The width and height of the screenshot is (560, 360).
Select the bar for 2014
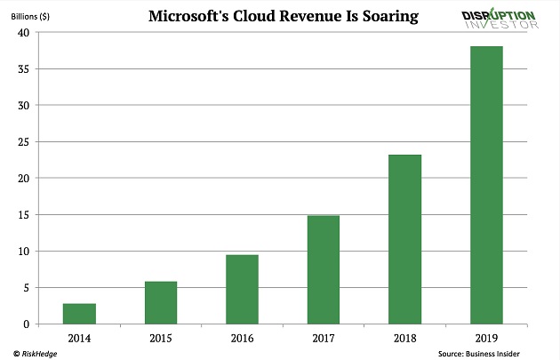[x=79, y=314]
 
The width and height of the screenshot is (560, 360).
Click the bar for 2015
[x=161, y=303]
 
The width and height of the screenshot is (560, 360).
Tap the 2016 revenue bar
[x=242, y=290]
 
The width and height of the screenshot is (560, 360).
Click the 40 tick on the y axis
[x=24, y=33]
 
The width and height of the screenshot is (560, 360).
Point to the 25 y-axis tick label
[x=24, y=142]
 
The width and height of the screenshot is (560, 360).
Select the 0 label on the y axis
[x=27, y=324]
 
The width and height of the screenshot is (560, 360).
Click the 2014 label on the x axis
[x=79, y=339]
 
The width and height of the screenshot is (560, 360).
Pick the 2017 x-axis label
[x=324, y=339]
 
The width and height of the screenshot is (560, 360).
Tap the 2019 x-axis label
[x=486, y=339]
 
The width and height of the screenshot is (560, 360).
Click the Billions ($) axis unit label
[x=31, y=16]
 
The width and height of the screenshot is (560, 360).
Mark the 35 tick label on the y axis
[x=24, y=69]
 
